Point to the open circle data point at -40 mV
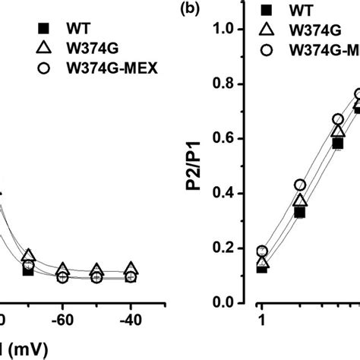click(131, 277)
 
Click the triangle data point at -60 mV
click(62, 270)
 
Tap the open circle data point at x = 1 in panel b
click(261, 251)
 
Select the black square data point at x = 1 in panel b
click(261, 267)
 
